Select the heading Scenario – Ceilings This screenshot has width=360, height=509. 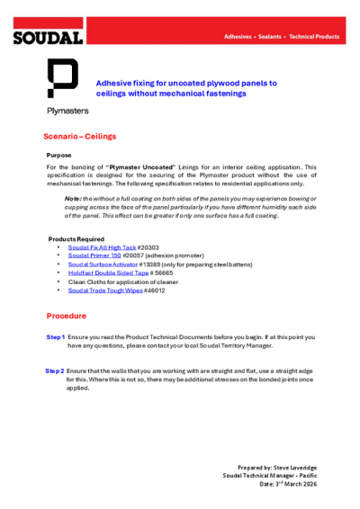point(80,137)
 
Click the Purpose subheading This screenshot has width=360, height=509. point(58,156)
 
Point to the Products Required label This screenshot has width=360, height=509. point(76,238)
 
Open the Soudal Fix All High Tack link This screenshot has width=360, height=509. point(102,246)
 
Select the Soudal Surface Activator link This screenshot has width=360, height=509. point(103,264)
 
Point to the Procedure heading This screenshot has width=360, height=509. point(67,317)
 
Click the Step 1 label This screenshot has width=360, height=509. point(55,336)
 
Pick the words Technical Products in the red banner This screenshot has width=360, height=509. point(315,37)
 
